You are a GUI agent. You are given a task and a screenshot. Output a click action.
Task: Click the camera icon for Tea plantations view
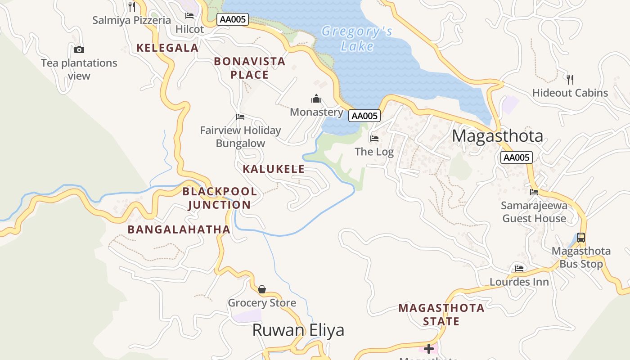click(x=79, y=49)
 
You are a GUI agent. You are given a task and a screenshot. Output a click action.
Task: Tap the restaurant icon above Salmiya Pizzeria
click(x=131, y=6)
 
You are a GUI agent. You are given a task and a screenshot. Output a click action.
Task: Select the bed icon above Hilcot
click(x=189, y=16)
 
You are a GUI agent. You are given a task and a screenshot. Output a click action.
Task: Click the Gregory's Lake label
click(x=357, y=39)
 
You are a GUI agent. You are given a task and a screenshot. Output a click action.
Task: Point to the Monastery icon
click(x=316, y=99)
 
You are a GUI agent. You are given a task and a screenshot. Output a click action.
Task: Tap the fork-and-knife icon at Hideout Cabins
click(x=570, y=80)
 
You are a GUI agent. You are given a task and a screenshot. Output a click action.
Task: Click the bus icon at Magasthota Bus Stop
click(x=581, y=237)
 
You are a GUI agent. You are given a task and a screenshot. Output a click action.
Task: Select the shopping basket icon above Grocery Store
click(x=262, y=289)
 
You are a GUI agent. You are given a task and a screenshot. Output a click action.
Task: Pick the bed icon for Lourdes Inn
click(x=519, y=269)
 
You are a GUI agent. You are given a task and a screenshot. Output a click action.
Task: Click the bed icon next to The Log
click(x=374, y=139)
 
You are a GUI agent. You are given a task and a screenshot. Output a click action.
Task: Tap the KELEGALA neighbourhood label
click(x=167, y=48)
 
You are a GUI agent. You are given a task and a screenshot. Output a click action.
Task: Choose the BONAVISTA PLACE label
click(x=249, y=68)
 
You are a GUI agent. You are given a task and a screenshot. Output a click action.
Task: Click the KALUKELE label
click(x=274, y=169)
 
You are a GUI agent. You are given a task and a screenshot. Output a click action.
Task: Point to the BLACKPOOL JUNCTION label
click(x=220, y=198)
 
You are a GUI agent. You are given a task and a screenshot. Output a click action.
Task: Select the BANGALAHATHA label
click(x=179, y=229)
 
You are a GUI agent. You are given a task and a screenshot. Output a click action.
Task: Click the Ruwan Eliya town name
click(x=298, y=330)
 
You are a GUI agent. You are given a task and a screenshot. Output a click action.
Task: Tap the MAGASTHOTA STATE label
click(x=441, y=315)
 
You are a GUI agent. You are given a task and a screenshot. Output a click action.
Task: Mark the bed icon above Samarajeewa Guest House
click(x=534, y=192)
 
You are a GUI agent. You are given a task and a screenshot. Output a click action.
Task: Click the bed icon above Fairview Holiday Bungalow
click(x=240, y=117)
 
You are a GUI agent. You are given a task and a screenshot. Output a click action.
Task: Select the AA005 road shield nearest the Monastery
click(x=364, y=116)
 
